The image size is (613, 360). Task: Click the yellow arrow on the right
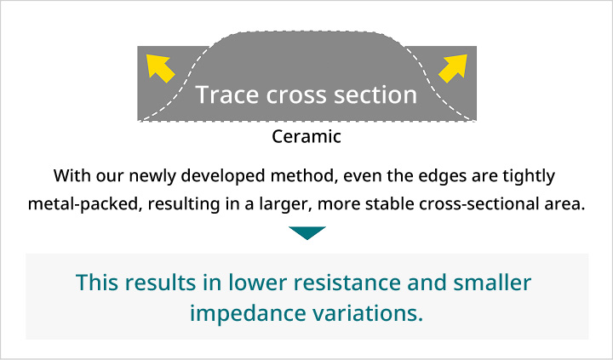tap(454, 66)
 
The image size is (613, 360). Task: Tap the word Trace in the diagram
tap(224, 94)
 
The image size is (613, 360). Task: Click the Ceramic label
tap(306, 136)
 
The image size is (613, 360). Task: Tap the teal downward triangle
tap(306, 232)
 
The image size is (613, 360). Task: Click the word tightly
tap(528, 177)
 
